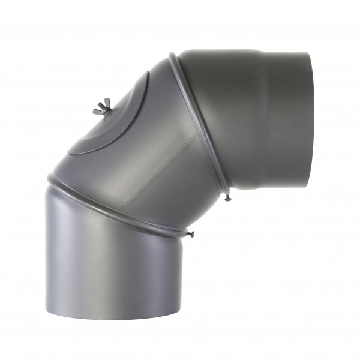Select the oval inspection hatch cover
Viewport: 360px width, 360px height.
pyautogui.click(x=111, y=120)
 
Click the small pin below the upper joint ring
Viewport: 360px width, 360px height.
pyautogui.click(x=228, y=197)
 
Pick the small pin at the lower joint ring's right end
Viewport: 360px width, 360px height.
pyautogui.click(x=191, y=233)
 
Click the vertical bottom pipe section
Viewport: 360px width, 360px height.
pyautogui.click(x=114, y=258)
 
